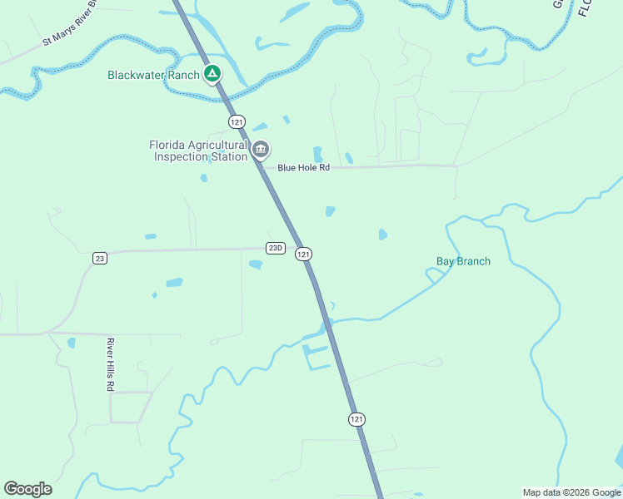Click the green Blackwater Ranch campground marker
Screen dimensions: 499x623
click(x=212, y=75)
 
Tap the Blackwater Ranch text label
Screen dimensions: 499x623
click(x=153, y=76)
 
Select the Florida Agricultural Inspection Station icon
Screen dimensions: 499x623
click(x=261, y=150)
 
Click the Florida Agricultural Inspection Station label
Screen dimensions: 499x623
click(x=198, y=151)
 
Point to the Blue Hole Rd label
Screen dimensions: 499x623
click(x=304, y=167)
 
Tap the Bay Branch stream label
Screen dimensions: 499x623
click(x=463, y=261)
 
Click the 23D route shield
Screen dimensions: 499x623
click(x=276, y=248)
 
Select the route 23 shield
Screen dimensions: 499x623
click(x=100, y=259)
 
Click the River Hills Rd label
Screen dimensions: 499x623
click(x=109, y=364)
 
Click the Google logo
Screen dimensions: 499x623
click(x=28, y=489)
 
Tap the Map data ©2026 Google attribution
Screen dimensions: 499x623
click(x=571, y=492)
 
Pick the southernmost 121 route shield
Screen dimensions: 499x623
click(x=356, y=419)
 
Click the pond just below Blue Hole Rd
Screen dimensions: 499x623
click(x=330, y=211)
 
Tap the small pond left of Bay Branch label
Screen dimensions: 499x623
click(x=382, y=235)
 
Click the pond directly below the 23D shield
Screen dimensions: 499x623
click(x=256, y=264)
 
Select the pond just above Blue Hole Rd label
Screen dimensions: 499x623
click(x=317, y=154)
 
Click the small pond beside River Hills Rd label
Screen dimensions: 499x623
click(x=72, y=342)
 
